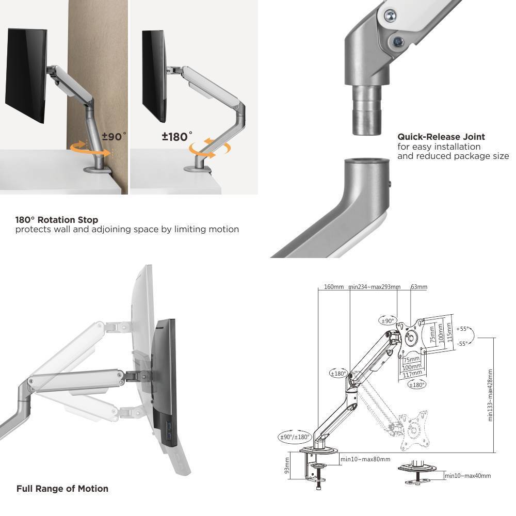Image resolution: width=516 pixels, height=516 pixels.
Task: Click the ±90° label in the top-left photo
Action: coord(114,137)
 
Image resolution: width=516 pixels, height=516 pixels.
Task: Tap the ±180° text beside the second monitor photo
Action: coord(176,137)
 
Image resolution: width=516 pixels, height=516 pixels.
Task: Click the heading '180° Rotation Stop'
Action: coord(57,220)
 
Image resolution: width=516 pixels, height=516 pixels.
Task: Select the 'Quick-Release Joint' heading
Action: coord(441,137)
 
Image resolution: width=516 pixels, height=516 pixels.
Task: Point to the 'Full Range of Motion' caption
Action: coord(62,488)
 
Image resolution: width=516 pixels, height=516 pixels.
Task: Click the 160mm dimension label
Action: coord(334,287)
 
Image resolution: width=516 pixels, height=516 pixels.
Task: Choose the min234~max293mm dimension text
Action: coord(374,287)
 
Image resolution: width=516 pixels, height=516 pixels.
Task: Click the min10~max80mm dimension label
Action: coord(365,459)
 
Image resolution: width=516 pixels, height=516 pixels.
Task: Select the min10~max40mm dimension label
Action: coord(467,476)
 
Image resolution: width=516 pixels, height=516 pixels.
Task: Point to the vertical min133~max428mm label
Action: coord(490,395)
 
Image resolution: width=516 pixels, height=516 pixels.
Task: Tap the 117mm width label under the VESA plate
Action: coord(413,373)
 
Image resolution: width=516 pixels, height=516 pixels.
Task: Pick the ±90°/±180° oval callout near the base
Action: coord(295,437)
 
